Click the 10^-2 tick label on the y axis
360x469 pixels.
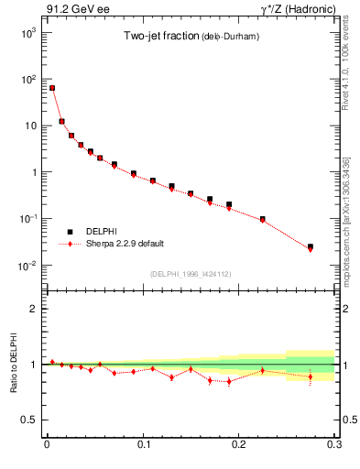click(x=28, y=266)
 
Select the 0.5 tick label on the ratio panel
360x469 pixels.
click(x=31, y=420)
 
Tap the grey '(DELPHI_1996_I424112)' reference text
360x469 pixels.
click(x=190, y=273)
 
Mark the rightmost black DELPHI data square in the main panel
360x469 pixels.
click(x=310, y=246)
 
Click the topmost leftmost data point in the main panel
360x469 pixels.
click(x=52, y=88)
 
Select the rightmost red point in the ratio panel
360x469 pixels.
click(x=310, y=376)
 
